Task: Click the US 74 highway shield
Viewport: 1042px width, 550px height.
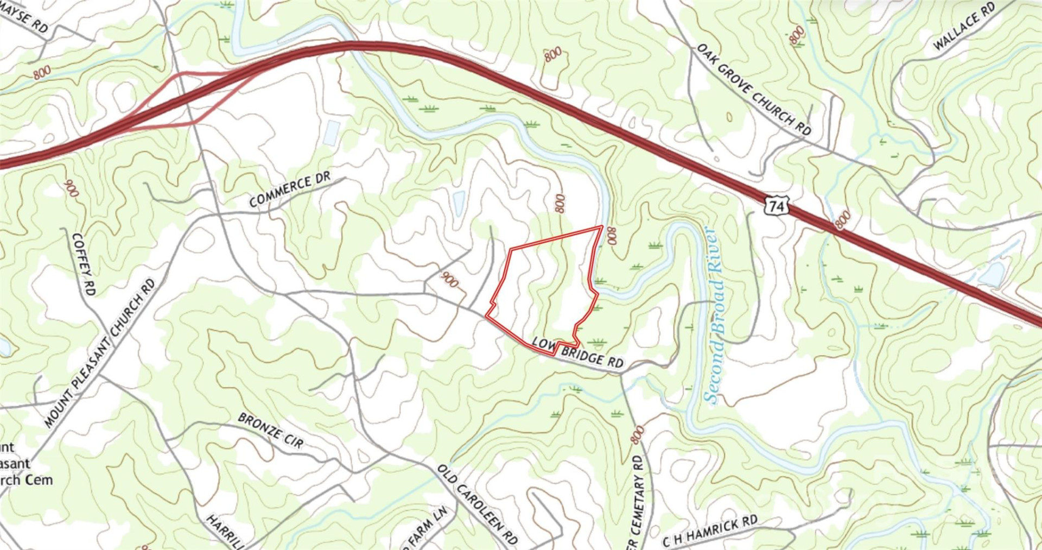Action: [776, 206]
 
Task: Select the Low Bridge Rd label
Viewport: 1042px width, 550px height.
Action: [577, 352]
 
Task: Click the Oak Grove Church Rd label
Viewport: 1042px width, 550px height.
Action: [754, 90]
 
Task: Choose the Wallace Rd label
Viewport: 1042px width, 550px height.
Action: [964, 26]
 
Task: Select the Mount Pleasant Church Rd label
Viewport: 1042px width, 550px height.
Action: [100, 353]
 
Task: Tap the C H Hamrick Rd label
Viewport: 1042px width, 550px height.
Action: [709, 531]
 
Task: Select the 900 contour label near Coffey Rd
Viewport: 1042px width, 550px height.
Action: [71, 188]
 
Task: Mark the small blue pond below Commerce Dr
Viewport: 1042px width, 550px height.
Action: [459, 202]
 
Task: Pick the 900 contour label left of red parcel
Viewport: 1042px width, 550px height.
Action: [449, 280]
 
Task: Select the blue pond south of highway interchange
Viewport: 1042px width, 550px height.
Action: [332, 132]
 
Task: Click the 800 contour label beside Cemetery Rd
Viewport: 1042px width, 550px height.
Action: [638, 435]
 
